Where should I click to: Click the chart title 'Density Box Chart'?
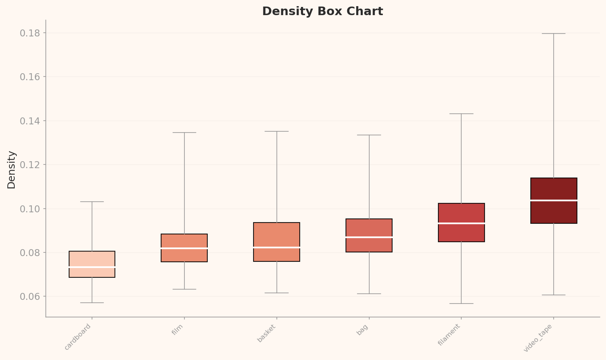pyautogui.click(x=322, y=11)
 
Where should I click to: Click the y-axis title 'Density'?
pyautogui.click(x=11, y=170)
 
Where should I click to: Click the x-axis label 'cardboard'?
pyautogui.click(x=78, y=337)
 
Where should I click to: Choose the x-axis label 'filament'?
pyautogui.click(x=449, y=335)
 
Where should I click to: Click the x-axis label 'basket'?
pyautogui.click(x=267, y=333)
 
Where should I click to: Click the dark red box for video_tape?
pyautogui.click(x=554, y=190)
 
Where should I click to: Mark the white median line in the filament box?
pyautogui.click(x=461, y=223)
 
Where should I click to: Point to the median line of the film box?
pyautogui.click(x=184, y=248)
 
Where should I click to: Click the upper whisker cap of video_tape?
pyautogui.click(x=554, y=34)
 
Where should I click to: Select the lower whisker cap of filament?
pyautogui.click(x=461, y=304)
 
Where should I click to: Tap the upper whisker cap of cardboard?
pyautogui.click(x=92, y=202)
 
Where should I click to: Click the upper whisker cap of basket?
pyautogui.click(x=277, y=131)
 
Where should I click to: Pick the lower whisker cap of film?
pyautogui.click(x=184, y=289)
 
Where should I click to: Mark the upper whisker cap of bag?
pyautogui.click(x=369, y=135)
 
